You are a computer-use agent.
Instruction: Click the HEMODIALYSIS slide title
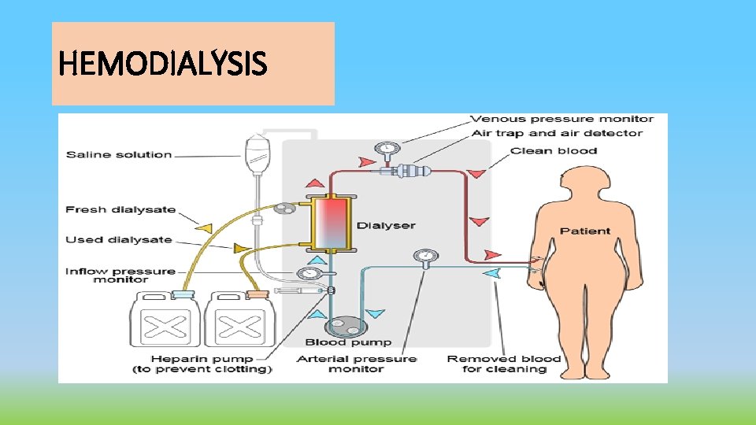coord(163,64)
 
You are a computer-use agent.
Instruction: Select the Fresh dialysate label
coord(120,210)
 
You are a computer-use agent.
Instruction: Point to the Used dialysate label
coord(119,240)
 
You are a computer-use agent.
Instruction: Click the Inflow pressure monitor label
coord(120,275)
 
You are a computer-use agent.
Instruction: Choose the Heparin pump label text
coord(202,364)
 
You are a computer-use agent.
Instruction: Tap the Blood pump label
coord(348,342)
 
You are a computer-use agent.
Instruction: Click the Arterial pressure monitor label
coord(357,364)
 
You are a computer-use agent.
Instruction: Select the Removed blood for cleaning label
coord(504,364)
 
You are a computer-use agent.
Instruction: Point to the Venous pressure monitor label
coord(561,120)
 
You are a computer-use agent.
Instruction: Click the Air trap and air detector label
coord(556,134)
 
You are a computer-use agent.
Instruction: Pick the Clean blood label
coord(554,150)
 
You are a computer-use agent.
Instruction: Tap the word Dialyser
coord(386,226)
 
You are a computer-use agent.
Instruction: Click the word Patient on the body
coord(584,231)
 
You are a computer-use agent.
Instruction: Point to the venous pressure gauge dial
coord(386,148)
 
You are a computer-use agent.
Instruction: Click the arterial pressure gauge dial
coord(425,256)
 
